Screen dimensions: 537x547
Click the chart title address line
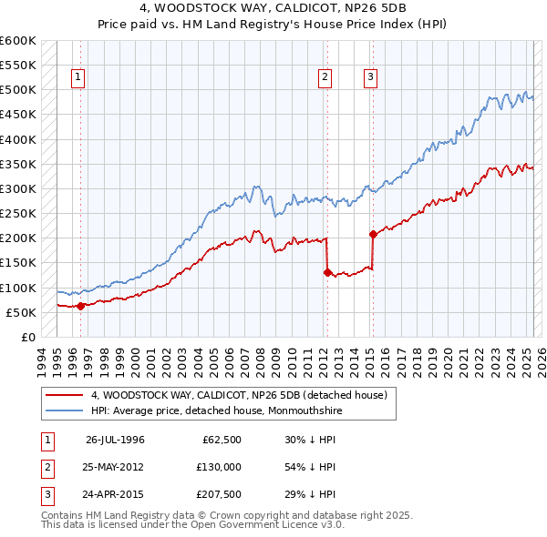(x=273, y=10)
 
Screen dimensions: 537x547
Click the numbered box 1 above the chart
(x=79, y=78)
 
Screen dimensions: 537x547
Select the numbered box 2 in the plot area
(x=325, y=78)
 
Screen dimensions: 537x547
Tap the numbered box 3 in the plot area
(x=371, y=78)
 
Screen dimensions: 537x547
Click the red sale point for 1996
(x=80, y=306)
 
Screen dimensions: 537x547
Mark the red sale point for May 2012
(x=326, y=272)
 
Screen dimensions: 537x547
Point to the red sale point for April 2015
(x=372, y=234)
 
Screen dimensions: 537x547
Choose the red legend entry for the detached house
(x=239, y=395)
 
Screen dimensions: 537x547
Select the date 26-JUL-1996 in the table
(x=115, y=439)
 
